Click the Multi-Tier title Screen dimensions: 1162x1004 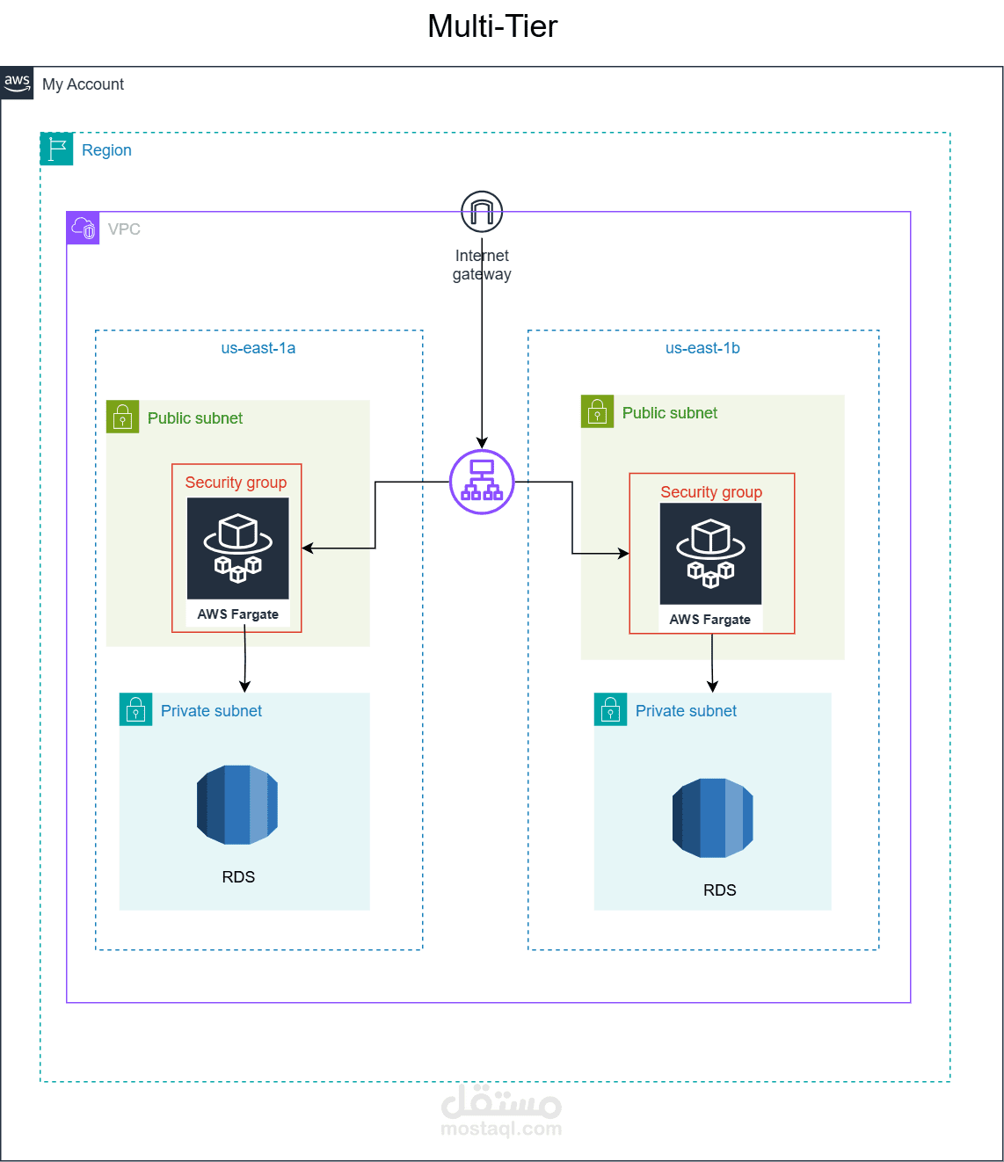(x=492, y=26)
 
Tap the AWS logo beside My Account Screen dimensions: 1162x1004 (x=17, y=83)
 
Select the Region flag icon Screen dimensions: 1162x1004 (x=57, y=149)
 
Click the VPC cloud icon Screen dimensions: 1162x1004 (x=84, y=229)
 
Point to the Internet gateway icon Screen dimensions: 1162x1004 (x=482, y=212)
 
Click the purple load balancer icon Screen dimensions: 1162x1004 (x=482, y=482)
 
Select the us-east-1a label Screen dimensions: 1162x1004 (x=258, y=348)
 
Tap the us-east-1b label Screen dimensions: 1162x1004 (x=702, y=348)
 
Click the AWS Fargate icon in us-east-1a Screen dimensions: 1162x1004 (x=237, y=549)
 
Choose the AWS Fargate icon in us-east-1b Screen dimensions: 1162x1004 (x=710, y=554)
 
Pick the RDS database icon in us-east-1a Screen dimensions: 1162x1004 (x=237, y=804)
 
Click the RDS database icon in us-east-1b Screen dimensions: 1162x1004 (x=713, y=817)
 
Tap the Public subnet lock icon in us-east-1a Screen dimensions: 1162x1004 (x=123, y=417)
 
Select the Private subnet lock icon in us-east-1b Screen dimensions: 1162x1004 (x=610, y=709)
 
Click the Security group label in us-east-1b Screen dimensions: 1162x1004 (x=711, y=492)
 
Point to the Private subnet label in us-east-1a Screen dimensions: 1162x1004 (x=211, y=711)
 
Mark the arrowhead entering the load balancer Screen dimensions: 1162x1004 (x=482, y=442)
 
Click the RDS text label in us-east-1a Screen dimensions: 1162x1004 (x=238, y=877)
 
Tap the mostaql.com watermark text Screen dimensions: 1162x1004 (x=501, y=1129)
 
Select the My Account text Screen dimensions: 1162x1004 (x=84, y=84)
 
